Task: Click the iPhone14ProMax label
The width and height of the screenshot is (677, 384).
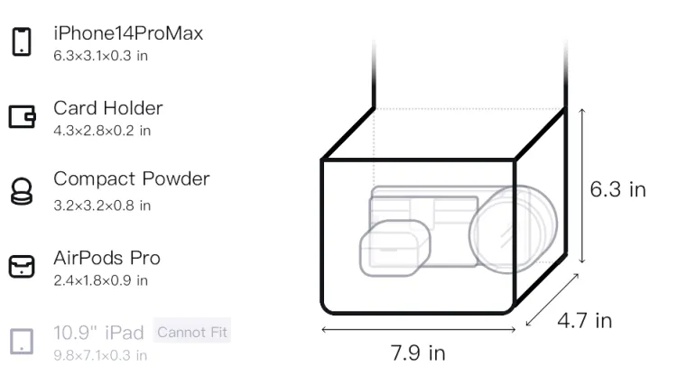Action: click(128, 33)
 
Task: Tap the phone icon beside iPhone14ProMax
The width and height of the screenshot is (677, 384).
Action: click(21, 41)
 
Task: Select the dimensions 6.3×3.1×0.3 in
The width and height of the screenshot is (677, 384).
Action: click(100, 56)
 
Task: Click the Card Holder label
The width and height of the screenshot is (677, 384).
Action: click(108, 108)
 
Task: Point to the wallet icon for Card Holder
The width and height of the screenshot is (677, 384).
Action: click(22, 116)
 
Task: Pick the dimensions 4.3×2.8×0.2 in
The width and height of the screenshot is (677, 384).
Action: click(102, 131)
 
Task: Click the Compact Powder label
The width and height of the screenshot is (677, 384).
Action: click(131, 178)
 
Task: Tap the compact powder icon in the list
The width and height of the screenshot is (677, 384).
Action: click(21, 191)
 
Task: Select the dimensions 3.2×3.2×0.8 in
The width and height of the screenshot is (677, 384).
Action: click(102, 206)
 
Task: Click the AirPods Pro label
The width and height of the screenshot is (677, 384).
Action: click(107, 258)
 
